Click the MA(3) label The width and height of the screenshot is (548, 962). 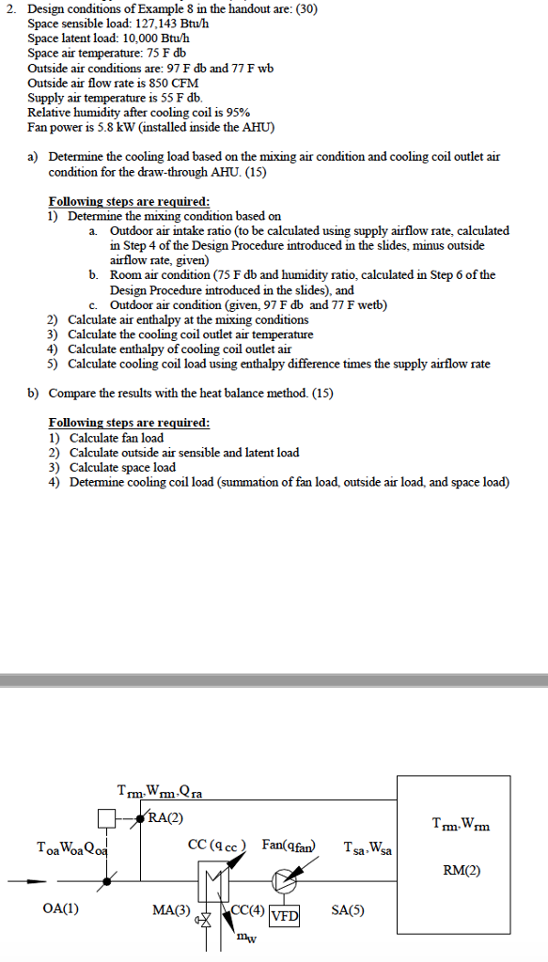171,909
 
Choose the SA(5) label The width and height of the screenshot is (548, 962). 348,909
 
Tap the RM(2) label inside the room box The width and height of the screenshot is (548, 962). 461,870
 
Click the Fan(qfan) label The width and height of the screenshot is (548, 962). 290,846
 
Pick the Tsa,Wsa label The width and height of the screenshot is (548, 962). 366,847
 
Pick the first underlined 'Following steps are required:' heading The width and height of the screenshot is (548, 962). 129,202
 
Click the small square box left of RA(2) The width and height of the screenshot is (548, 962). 106,815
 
